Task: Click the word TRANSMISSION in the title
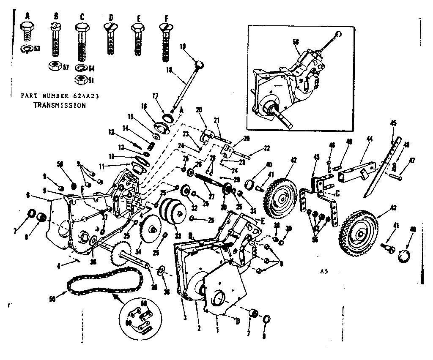point(59,106)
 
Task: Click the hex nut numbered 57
point(55,65)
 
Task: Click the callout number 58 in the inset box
point(296,41)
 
